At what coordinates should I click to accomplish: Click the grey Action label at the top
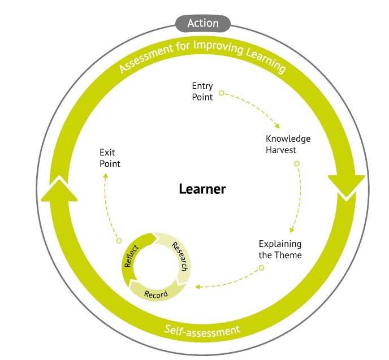click(x=202, y=23)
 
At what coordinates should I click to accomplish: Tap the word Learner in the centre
click(x=202, y=189)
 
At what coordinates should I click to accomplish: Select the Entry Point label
click(x=202, y=92)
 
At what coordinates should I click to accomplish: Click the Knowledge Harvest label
click(x=288, y=144)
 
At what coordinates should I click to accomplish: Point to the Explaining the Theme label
click(x=280, y=249)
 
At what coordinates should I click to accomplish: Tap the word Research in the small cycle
click(x=179, y=256)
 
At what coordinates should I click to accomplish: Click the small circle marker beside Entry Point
click(x=221, y=93)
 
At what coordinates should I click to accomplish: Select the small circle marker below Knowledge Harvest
click(x=297, y=164)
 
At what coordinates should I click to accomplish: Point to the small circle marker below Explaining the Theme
click(x=261, y=268)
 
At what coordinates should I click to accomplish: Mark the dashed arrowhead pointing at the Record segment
click(x=197, y=287)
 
